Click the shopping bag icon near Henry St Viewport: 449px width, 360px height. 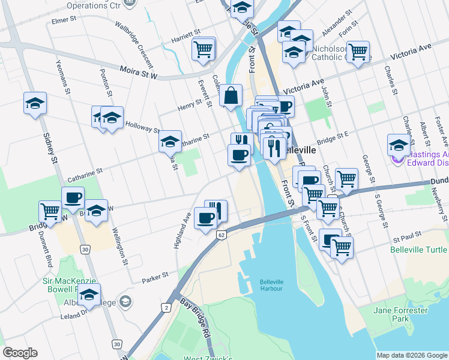231,95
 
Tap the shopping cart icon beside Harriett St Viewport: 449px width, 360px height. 203,49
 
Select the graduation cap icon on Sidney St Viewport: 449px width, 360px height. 35,103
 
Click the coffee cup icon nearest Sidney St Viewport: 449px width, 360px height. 73,197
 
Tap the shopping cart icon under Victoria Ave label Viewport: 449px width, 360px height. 358,52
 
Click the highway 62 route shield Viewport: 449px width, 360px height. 221,234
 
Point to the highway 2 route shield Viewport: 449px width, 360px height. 166,307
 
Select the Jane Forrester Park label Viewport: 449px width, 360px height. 395,314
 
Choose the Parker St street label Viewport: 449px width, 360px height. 154,279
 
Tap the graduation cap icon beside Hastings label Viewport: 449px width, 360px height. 399,145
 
